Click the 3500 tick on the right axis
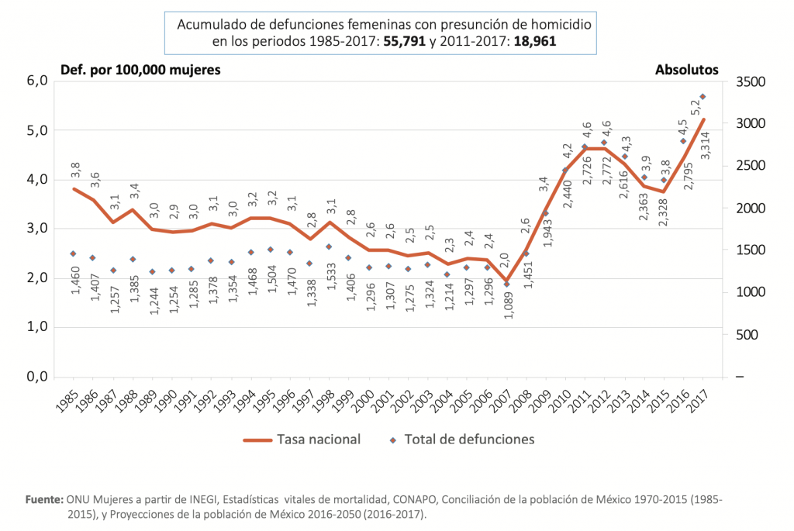coord(751,81)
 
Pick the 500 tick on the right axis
coord(744,335)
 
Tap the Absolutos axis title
coord(687,70)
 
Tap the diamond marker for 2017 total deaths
coord(703,97)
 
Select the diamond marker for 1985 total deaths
coord(73,253)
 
